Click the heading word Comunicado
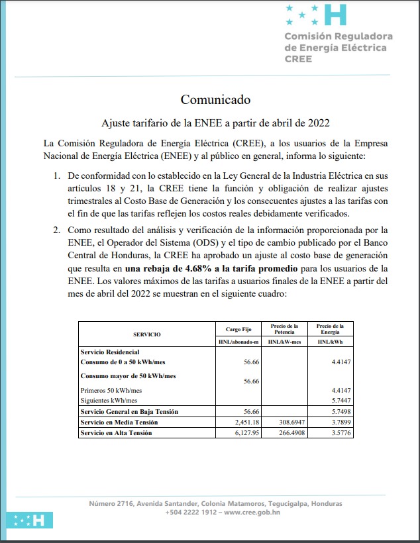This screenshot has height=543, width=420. [x=215, y=100]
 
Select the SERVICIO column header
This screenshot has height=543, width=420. [x=147, y=335]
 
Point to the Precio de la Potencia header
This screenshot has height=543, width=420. [x=284, y=328]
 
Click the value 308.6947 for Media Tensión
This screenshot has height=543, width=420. [x=289, y=422]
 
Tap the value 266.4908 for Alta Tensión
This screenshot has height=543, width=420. [x=289, y=432]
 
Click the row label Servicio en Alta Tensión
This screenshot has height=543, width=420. [x=116, y=432]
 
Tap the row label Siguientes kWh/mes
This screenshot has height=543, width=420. [x=109, y=401]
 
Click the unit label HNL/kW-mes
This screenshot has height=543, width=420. [x=284, y=342]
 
